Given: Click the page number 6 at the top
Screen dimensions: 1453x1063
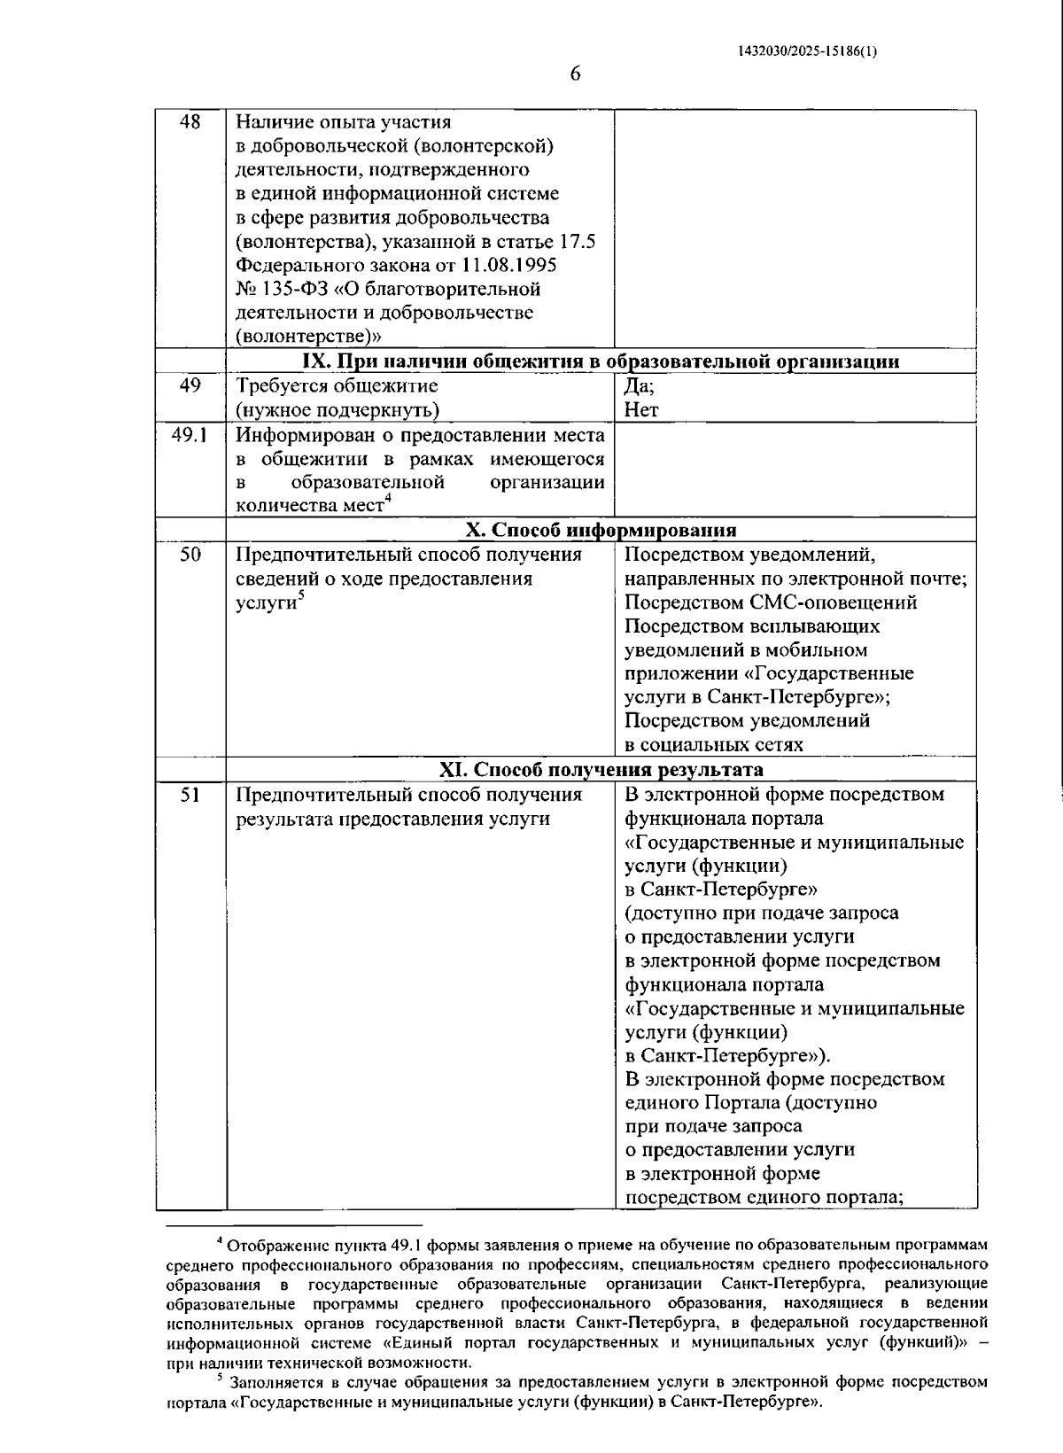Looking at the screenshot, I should coord(574,74).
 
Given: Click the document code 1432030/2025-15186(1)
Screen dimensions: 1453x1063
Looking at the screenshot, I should coord(807,51).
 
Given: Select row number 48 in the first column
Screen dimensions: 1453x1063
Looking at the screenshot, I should coord(190,122).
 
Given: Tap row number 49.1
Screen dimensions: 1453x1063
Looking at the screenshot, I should coord(190,434).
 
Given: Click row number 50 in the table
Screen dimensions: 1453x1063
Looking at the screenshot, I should coord(190,555).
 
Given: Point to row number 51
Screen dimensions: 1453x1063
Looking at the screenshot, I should coord(190,795).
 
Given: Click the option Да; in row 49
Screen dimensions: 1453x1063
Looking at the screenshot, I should coord(640,386).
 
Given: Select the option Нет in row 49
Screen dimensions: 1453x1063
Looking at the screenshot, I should coord(641,410).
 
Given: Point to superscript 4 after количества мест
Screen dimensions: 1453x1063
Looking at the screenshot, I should coord(388,501).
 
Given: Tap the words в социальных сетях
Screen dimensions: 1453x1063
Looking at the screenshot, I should coord(714,745).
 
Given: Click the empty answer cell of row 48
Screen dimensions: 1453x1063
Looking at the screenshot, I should coord(795,229).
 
